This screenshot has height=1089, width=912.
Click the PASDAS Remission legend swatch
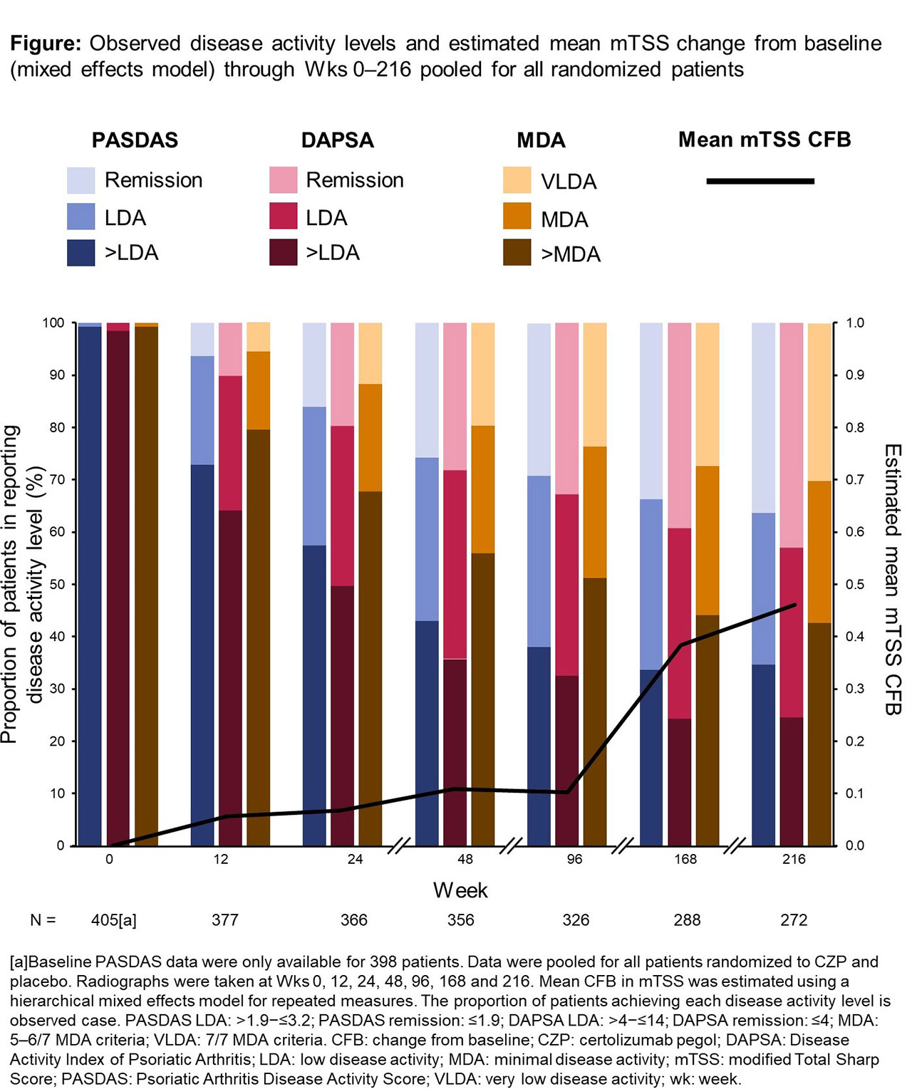[x=81, y=180]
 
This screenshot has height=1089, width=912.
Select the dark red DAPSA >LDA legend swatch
[x=283, y=253]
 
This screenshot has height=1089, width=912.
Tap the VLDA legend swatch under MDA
[x=517, y=181]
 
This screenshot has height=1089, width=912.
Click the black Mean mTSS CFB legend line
[x=760, y=182]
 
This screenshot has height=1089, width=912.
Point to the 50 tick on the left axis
[x=56, y=584]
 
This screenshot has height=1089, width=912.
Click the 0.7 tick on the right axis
[x=855, y=480]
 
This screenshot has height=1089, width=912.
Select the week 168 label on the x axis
[x=685, y=859]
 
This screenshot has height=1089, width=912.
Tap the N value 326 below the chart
[x=576, y=919]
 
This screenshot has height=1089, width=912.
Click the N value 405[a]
[x=114, y=919]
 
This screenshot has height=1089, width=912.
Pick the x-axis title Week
[x=460, y=890]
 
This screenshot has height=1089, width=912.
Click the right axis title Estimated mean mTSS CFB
[x=893, y=578]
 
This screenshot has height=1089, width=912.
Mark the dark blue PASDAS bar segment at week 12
[x=202, y=655]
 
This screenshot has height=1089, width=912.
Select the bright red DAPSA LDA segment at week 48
[x=455, y=564]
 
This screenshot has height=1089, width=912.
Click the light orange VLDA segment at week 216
[x=819, y=402]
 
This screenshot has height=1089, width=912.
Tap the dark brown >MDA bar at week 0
[x=146, y=584]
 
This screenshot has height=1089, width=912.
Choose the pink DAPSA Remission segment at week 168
[x=680, y=425]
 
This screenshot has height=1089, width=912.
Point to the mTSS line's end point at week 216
[x=795, y=605]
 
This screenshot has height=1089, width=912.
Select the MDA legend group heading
[x=541, y=140]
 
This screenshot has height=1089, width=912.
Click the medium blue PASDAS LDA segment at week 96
[x=539, y=561]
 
